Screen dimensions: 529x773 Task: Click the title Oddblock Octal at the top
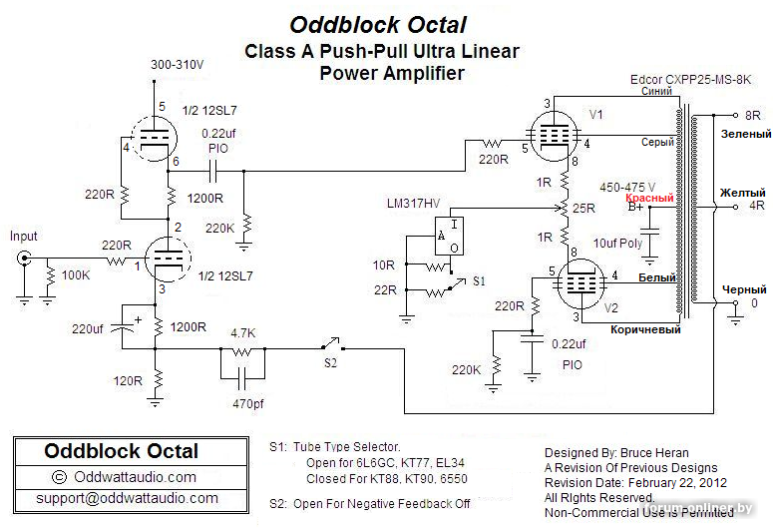(x=378, y=25)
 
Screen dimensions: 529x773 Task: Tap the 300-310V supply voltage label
(x=178, y=65)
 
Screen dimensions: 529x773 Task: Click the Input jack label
(x=23, y=237)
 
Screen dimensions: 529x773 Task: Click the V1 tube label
(x=596, y=115)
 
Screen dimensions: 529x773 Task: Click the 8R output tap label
(x=753, y=116)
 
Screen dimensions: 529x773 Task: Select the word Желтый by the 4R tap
(x=743, y=193)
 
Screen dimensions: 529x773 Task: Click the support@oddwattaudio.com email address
(x=127, y=497)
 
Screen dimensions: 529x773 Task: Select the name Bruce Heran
(x=664, y=452)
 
